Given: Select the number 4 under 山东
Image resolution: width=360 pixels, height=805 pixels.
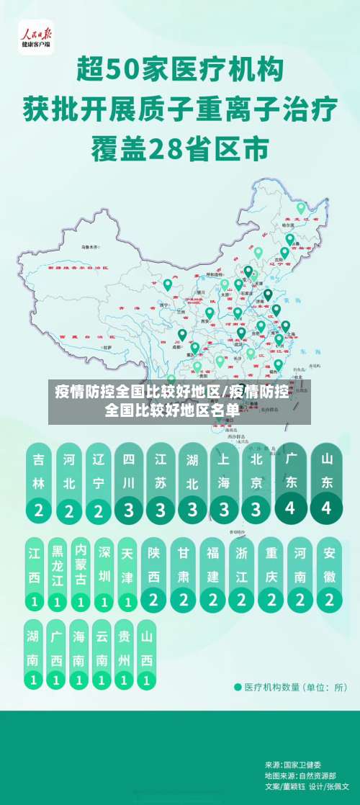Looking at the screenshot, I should coord(327,507).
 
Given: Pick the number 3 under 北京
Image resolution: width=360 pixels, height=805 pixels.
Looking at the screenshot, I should coord(256,509).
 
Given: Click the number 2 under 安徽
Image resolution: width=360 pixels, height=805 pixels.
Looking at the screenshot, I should coord(329,598).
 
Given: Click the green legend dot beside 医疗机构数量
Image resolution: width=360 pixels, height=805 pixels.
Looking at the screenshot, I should coord(238,687).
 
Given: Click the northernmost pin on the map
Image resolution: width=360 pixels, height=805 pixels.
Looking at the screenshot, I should coord(301,209).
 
